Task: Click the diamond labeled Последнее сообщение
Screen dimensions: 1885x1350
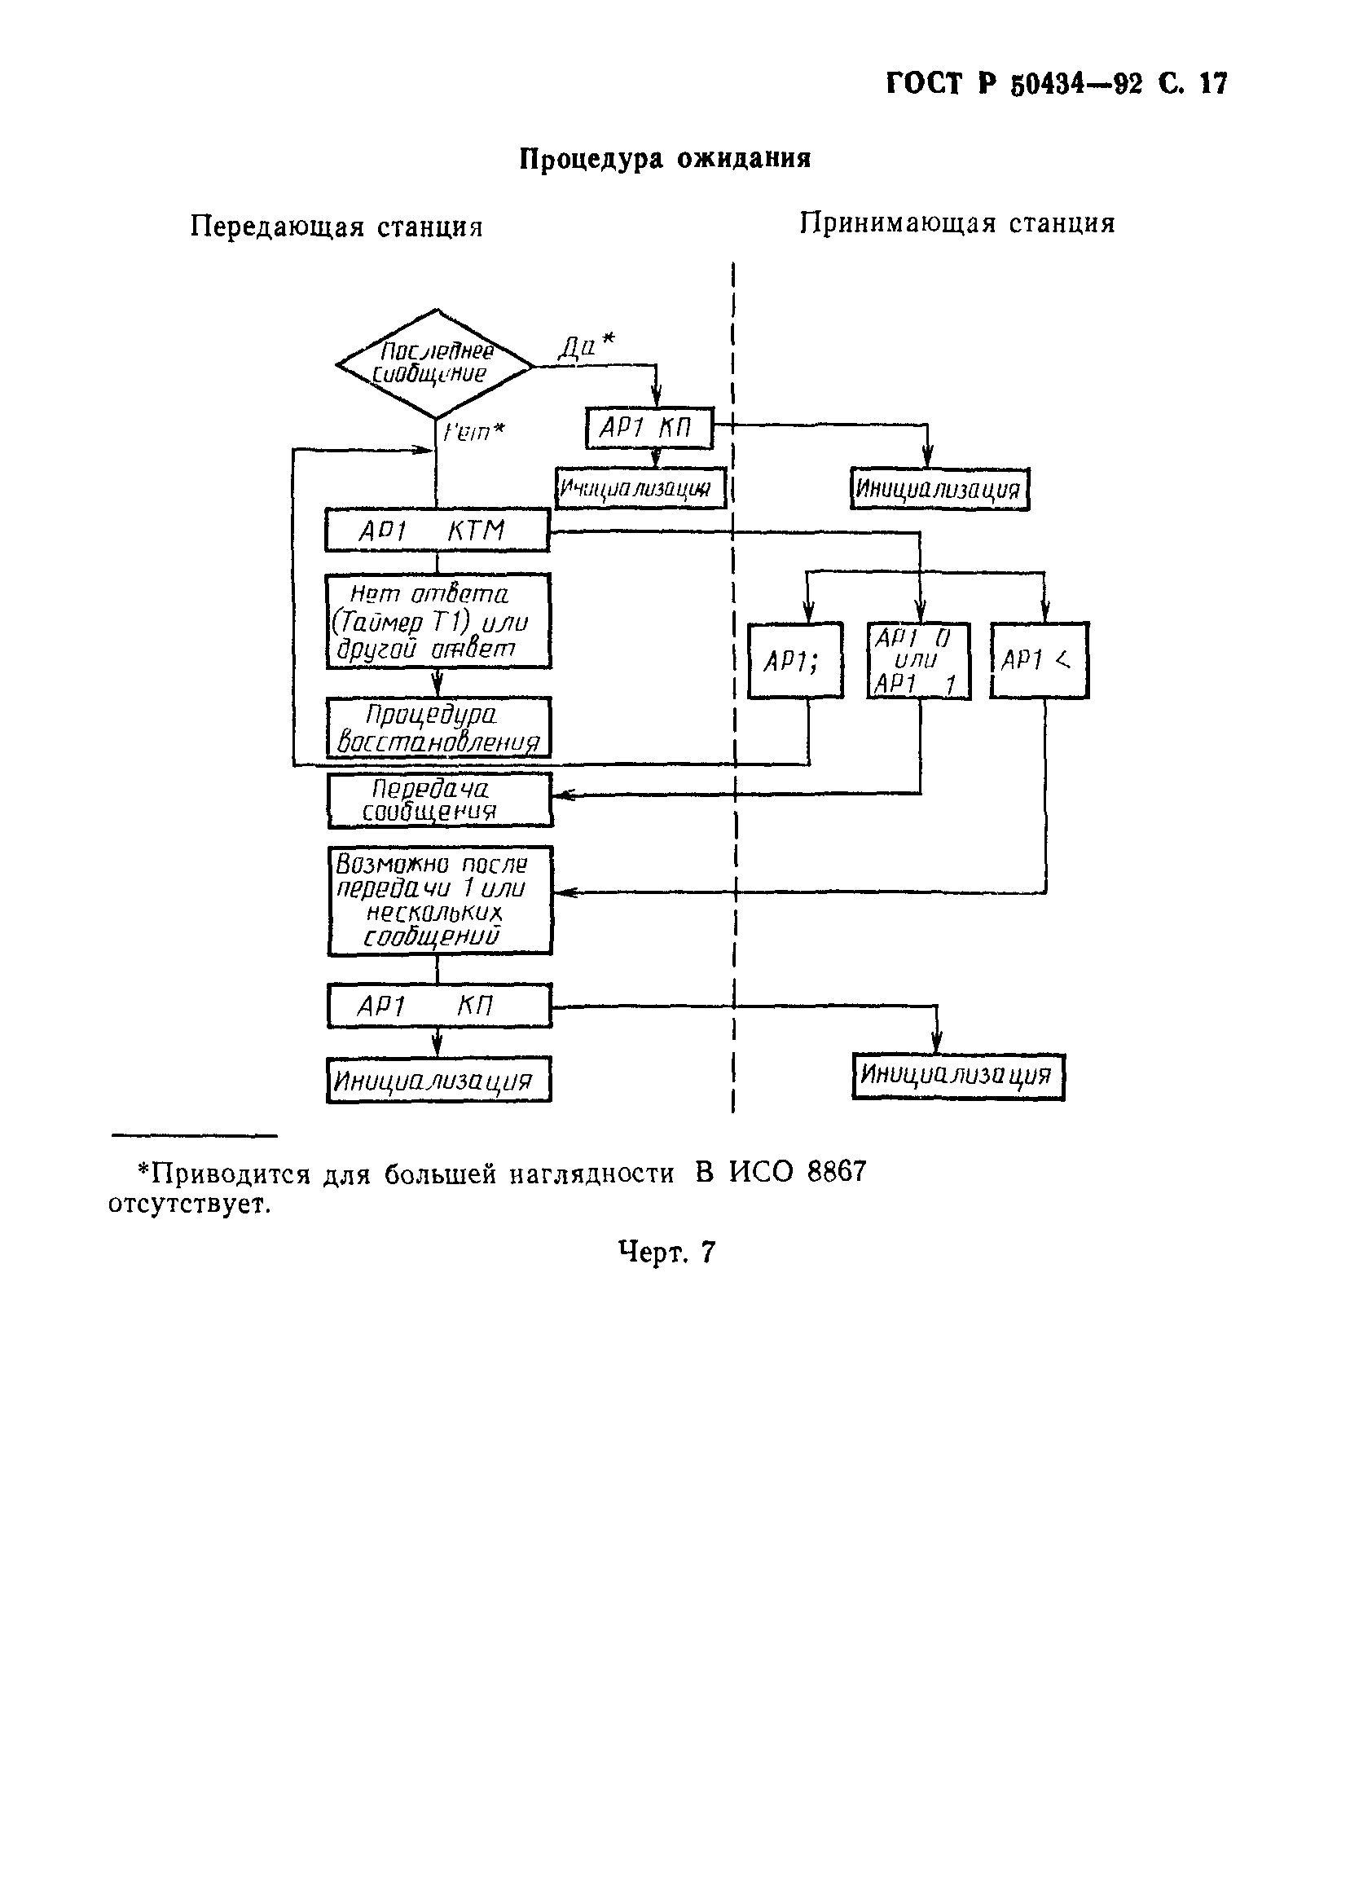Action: [434, 364]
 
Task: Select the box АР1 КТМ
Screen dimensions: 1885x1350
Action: [437, 531]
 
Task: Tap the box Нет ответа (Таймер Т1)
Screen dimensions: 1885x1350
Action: [438, 621]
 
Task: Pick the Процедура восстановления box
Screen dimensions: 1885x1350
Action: [438, 727]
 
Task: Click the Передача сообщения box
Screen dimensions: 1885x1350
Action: [439, 800]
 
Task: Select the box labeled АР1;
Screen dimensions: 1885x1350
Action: [795, 661]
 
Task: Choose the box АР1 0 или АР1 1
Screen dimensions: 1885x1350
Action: [919, 661]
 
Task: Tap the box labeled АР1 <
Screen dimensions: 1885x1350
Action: [1040, 661]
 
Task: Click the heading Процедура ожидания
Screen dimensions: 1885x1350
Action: [665, 158]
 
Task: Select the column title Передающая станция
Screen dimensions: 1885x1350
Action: [336, 227]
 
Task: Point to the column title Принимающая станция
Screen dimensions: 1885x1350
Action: [957, 222]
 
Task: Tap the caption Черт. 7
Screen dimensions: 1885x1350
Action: [666, 1252]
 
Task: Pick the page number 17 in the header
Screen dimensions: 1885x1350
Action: [1213, 84]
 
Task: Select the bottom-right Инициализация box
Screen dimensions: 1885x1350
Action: [958, 1077]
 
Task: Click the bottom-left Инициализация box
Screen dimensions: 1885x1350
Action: [438, 1081]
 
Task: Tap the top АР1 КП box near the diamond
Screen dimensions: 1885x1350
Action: [649, 428]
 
